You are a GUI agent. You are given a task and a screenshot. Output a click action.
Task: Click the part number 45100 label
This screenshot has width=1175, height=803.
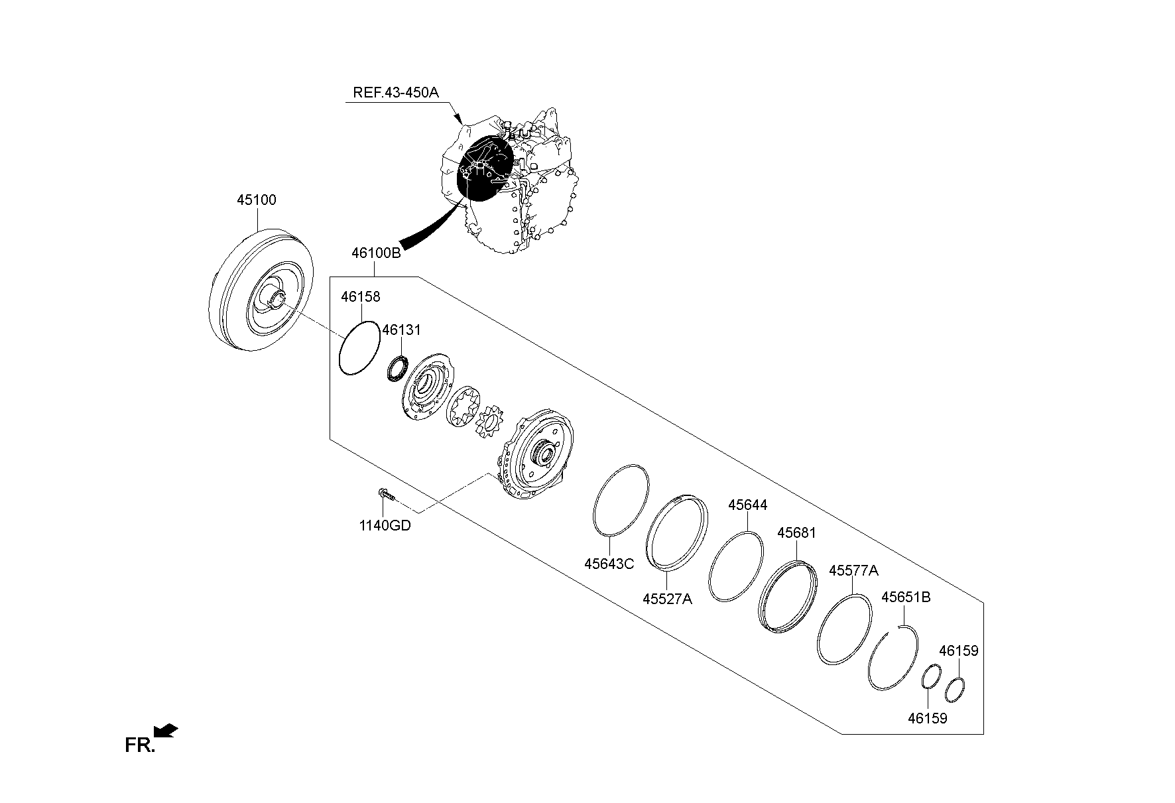[x=257, y=200]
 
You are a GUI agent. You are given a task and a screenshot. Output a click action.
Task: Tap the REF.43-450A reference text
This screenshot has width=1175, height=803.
[x=395, y=92]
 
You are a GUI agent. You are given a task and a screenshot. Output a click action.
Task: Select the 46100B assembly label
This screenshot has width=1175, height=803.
[x=376, y=253]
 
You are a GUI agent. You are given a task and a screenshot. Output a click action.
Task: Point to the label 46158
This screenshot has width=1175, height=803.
[x=361, y=296]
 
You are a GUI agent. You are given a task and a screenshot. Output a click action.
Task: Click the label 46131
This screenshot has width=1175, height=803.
[x=401, y=330]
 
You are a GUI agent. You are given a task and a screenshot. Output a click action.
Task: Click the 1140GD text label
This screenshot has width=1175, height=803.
[x=385, y=526]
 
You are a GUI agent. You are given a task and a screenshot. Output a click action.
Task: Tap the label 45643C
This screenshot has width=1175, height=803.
[x=609, y=564]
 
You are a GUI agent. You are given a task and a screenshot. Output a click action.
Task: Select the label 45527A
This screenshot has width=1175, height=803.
[x=667, y=599]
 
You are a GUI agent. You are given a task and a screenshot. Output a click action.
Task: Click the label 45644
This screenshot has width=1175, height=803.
[x=747, y=505]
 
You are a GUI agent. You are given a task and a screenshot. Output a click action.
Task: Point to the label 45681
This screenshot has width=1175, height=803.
[x=796, y=532]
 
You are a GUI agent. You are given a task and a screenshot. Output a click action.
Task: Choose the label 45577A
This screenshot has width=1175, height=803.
[x=853, y=570]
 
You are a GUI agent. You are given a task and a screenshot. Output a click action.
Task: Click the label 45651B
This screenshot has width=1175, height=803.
[x=905, y=597]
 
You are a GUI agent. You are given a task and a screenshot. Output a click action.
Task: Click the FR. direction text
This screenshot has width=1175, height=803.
[x=139, y=745]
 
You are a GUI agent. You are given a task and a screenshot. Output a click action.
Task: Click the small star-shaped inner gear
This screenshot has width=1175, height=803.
[x=491, y=422]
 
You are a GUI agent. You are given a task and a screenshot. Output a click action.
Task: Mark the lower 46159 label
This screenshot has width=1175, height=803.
[x=927, y=718]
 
